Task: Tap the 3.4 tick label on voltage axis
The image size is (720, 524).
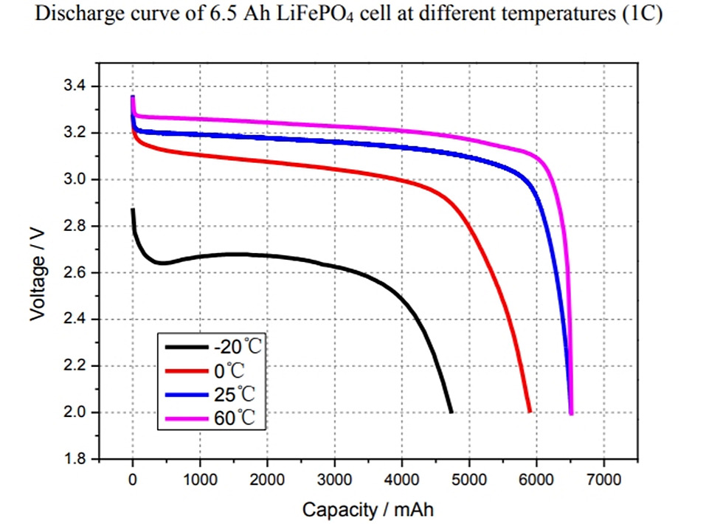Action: (75, 86)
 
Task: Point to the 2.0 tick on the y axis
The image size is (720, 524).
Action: (75, 413)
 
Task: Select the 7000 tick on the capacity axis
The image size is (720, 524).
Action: (603, 480)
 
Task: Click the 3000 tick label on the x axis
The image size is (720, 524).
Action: (335, 480)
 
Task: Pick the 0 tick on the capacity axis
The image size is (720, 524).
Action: (133, 480)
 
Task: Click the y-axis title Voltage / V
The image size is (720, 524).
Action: (38, 273)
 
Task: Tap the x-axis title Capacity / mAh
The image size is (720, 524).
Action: (367, 509)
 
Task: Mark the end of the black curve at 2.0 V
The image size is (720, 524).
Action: (450, 412)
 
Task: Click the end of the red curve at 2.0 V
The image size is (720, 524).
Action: (529, 412)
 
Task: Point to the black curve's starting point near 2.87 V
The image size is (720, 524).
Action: (133, 210)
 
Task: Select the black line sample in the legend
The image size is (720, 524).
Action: (183, 347)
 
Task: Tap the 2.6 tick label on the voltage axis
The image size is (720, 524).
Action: (75, 273)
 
